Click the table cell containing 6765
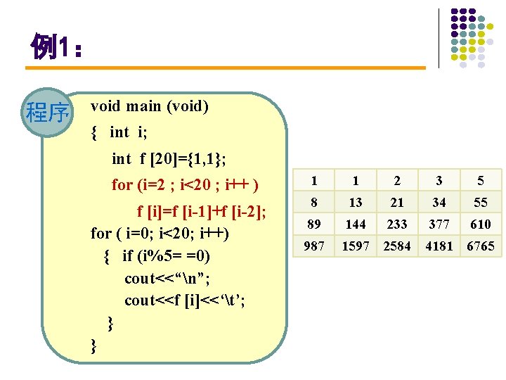481,246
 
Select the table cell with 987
314,246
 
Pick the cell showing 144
356,224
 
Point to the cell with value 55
481,203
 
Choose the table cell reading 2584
397,246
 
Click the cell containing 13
356,203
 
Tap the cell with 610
481,224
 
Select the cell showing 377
439,224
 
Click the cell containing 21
397,203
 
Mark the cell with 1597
356,246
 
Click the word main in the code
143,106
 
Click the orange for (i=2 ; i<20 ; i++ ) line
186,185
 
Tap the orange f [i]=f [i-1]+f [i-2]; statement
201,211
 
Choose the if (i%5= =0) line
166,255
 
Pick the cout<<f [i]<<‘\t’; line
184,300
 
